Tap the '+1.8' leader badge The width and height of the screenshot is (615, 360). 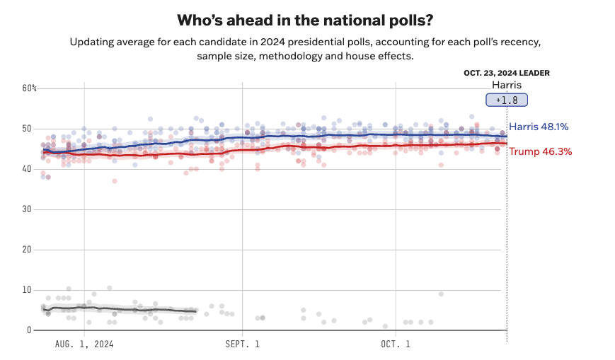pyautogui.click(x=506, y=100)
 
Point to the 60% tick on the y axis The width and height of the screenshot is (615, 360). pyautogui.click(x=30, y=88)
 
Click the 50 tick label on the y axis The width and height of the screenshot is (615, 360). pyautogui.click(x=28, y=129)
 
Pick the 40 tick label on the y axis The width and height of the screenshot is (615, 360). pyautogui.click(x=28, y=169)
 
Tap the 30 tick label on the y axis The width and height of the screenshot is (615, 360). pyautogui.click(x=28, y=209)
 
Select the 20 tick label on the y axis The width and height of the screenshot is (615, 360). pyautogui.click(x=28, y=250)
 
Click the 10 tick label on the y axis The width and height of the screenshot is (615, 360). pyautogui.click(x=28, y=290)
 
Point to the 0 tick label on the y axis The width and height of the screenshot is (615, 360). pyautogui.click(x=30, y=330)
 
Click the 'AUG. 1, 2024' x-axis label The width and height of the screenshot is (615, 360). pyautogui.click(x=84, y=344)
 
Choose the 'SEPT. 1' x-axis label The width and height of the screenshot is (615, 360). pyautogui.click(x=243, y=344)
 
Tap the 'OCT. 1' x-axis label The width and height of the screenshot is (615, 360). pyautogui.click(x=396, y=344)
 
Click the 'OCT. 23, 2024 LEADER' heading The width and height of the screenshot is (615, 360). pyautogui.click(x=507, y=73)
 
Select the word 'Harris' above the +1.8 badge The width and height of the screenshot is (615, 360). pyautogui.click(x=507, y=85)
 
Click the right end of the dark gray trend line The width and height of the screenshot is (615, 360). pyautogui.click(x=195, y=311)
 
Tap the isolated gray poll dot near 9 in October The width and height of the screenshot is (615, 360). pyautogui.click(x=441, y=294)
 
